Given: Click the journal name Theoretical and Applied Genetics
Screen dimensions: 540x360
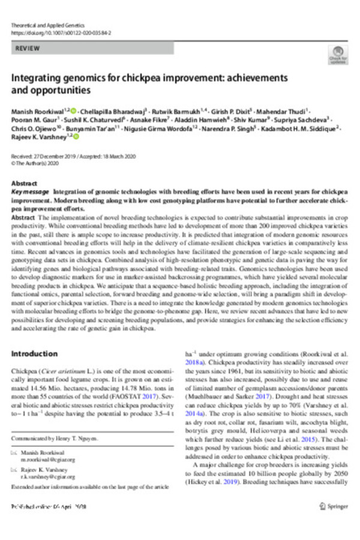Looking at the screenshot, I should pyautogui.click(x=49, y=26).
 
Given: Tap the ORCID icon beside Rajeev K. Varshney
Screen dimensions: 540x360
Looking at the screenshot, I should pyautogui.click(x=76, y=137).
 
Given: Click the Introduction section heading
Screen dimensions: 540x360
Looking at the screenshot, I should pyautogui.click(x=34, y=353).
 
